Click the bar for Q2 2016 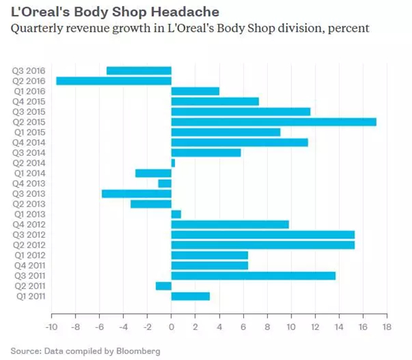click(x=114, y=81)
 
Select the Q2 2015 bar click(x=274, y=122)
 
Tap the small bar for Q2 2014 click(x=173, y=163)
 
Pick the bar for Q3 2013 click(x=137, y=194)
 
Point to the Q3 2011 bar click(x=254, y=276)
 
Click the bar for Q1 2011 click(x=190, y=296)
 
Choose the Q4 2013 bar click(x=165, y=183)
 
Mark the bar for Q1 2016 click(x=195, y=91)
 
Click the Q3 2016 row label click(x=29, y=71)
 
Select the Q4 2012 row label click(x=29, y=224)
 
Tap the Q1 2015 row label click(x=30, y=132)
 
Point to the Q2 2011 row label click(x=30, y=286)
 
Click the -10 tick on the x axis click(x=51, y=327)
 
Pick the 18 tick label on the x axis click(x=387, y=327)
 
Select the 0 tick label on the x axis click(x=171, y=327)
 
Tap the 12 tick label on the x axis click(x=315, y=327)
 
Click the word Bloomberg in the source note click(x=138, y=351)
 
